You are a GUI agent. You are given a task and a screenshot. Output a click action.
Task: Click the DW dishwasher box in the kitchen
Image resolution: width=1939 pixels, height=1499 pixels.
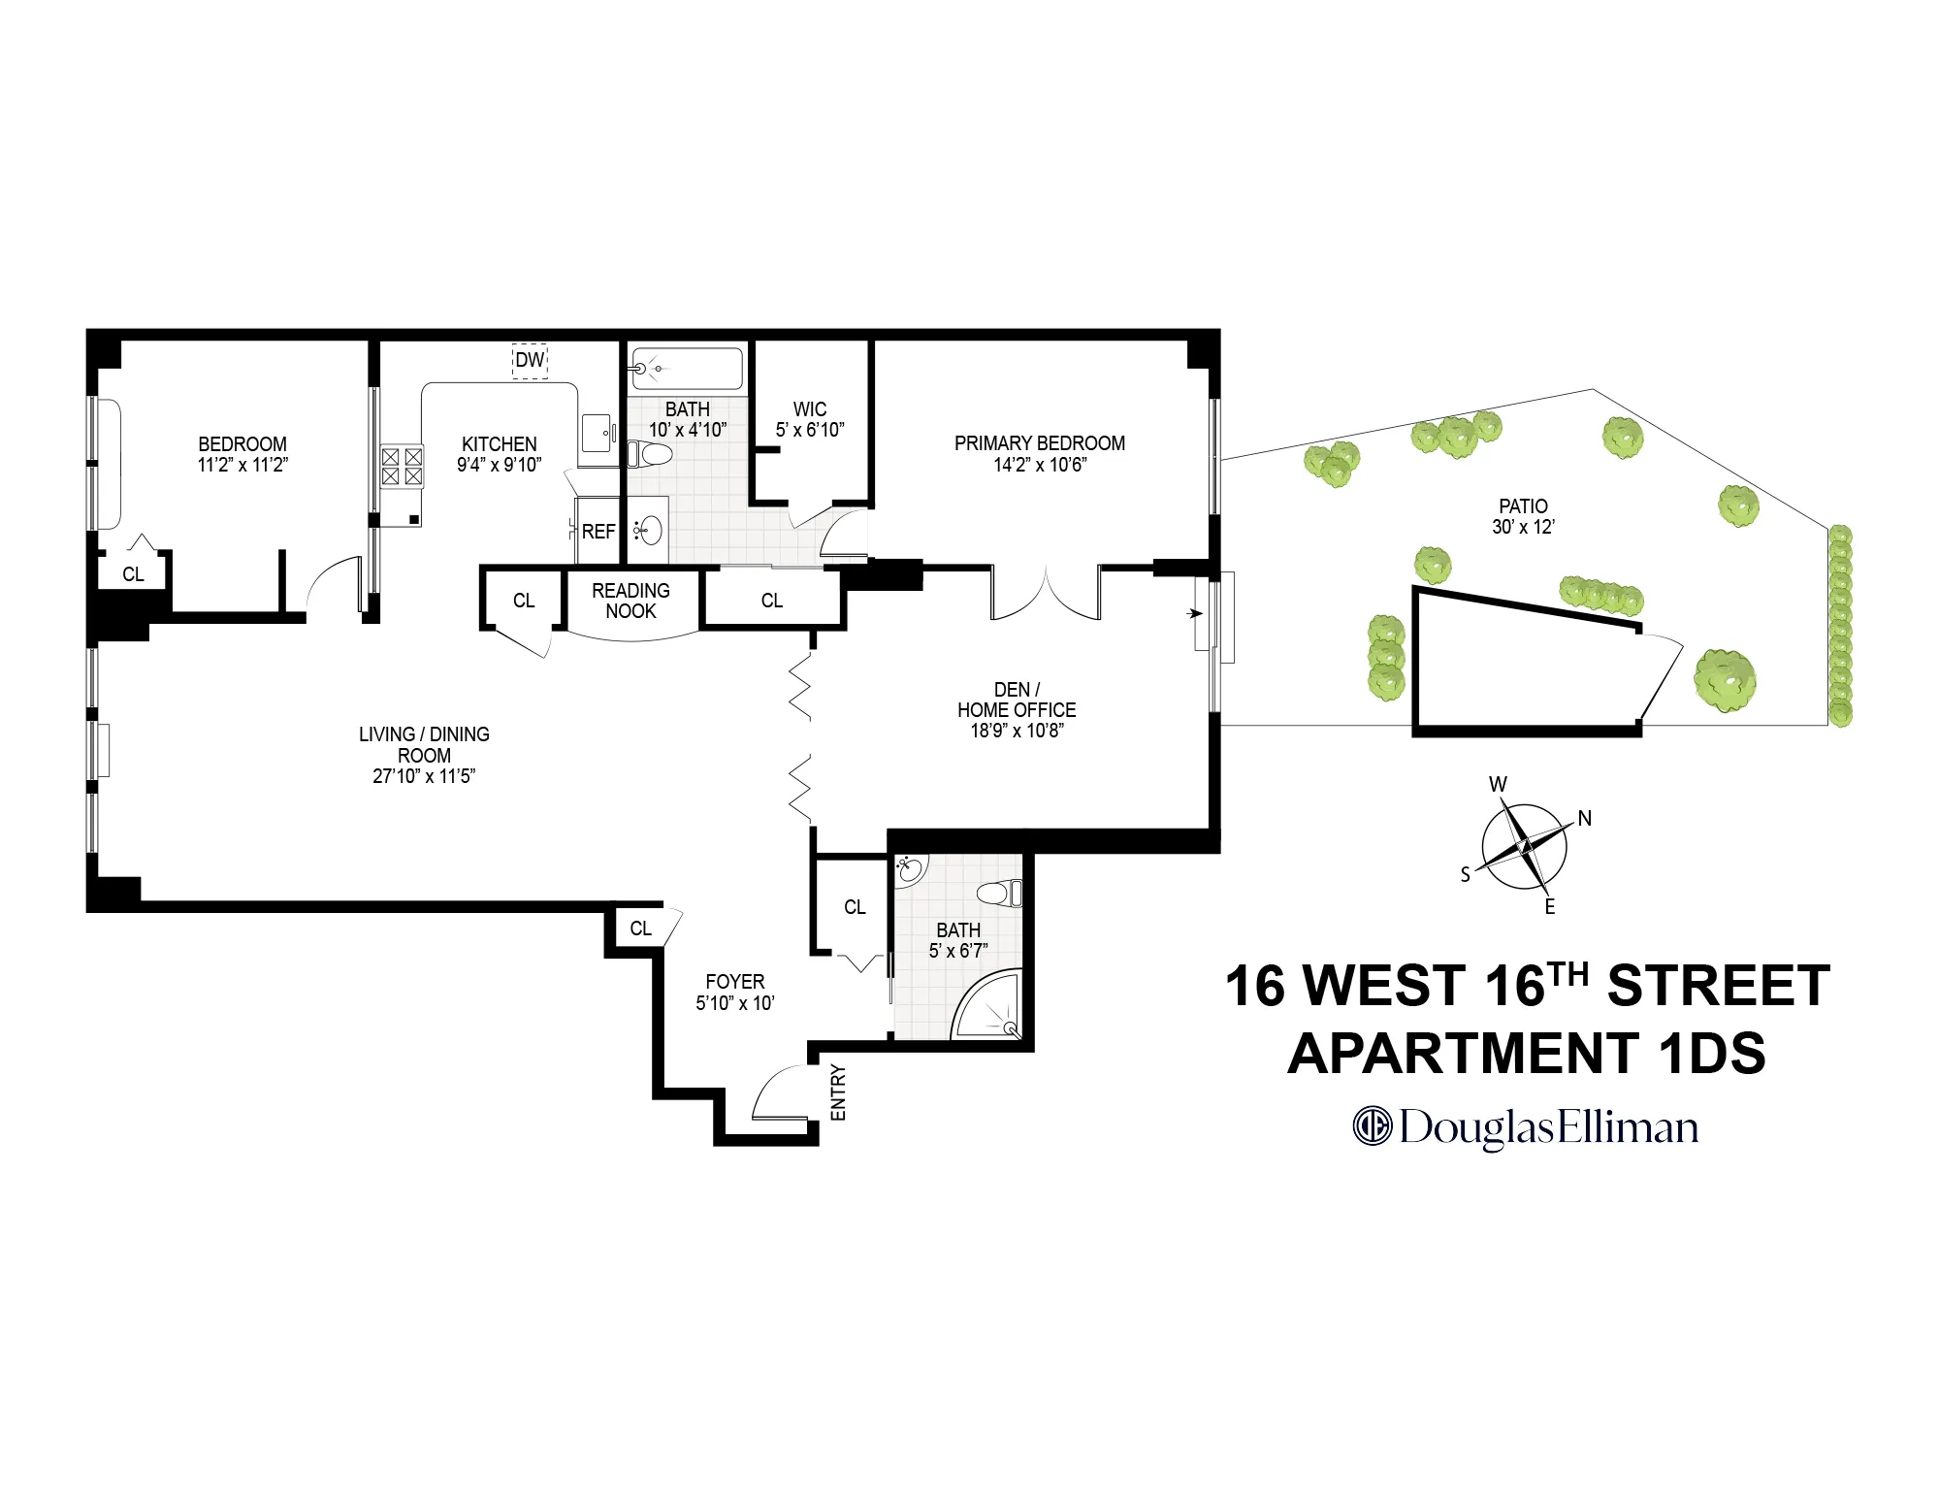pos(530,360)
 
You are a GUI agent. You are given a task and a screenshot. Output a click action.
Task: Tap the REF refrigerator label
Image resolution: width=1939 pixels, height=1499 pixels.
pos(598,532)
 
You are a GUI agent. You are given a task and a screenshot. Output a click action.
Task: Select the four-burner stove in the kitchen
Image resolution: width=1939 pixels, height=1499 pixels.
pos(402,466)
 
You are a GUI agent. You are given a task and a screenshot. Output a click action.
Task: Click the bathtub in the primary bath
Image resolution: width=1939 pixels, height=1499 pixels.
pos(687,369)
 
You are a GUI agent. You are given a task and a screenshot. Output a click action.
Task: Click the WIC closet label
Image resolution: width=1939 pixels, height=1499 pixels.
pos(810,409)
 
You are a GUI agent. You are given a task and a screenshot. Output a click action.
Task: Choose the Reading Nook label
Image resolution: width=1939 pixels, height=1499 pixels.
pos(630,601)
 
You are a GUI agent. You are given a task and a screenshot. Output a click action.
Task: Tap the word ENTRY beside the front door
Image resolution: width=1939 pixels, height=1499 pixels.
pos(839,1092)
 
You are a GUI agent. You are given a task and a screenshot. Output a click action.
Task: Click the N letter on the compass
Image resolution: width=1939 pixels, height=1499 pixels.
pos(1585,818)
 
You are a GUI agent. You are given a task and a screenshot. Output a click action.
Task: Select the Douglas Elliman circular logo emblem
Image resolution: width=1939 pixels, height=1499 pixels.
pos(1373,1126)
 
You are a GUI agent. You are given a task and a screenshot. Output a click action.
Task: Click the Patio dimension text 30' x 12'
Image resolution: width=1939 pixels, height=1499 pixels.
pos(1523,527)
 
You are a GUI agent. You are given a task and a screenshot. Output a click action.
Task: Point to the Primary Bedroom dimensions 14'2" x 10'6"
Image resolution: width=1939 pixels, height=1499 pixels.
pos(1040,465)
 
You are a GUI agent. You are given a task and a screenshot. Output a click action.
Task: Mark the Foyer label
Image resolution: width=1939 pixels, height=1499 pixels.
pos(735,982)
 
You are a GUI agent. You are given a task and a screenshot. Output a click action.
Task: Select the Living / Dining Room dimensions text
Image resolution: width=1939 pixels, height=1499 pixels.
pos(424,776)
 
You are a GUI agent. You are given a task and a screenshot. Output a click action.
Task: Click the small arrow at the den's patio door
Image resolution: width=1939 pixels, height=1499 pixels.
pos(1195,614)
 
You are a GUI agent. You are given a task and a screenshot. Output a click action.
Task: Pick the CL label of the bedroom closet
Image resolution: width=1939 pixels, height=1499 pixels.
pos(133,574)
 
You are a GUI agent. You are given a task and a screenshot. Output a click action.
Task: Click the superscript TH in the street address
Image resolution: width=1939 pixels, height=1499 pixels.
pos(1568,973)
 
